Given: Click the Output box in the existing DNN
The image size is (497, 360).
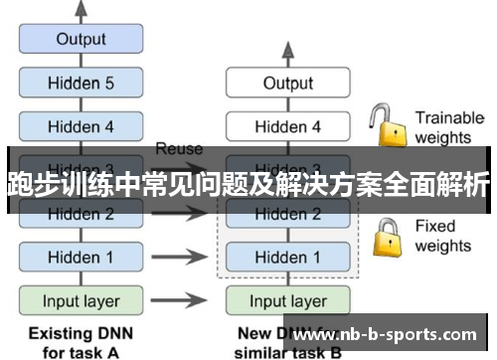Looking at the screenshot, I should pyautogui.click(x=82, y=40).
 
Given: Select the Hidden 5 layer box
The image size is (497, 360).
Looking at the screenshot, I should pyautogui.click(x=82, y=84).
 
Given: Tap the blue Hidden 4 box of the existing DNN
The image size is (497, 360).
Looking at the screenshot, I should pyautogui.click(x=82, y=126).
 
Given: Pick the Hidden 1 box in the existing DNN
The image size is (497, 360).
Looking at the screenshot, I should pyautogui.click(x=82, y=257).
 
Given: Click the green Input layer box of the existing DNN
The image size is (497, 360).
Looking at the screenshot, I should pyautogui.click(x=82, y=299).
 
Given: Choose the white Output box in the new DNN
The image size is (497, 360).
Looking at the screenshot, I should pyautogui.click(x=287, y=84).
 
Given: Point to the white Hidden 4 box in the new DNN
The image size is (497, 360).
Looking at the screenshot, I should pyautogui.click(x=287, y=126).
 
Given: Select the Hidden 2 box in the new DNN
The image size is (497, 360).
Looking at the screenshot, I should pyautogui.click(x=287, y=214).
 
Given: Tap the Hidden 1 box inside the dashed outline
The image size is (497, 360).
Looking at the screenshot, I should pyautogui.click(x=287, y=257).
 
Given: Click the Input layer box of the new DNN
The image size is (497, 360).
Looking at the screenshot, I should pyautogui.click(x=287, y=299).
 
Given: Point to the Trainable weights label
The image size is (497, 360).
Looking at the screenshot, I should pyautogui.click(x=448, y=126).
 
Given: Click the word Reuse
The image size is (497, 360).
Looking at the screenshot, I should pyautogui.click(x=179, y=149).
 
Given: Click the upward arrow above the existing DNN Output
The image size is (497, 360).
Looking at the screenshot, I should pyautogui.click(x=82, y=10).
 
